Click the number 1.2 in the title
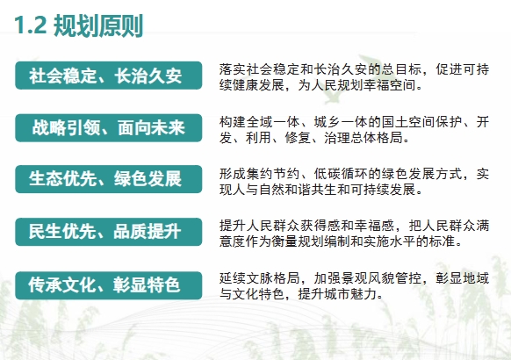31,25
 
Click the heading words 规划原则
98,25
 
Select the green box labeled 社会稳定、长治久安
109,76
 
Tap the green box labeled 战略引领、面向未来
109,127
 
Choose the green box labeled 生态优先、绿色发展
109,179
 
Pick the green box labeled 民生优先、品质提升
109,232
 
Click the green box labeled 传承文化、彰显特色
109,285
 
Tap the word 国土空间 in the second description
408,122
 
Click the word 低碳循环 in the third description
340,174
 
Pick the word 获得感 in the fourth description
320,226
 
